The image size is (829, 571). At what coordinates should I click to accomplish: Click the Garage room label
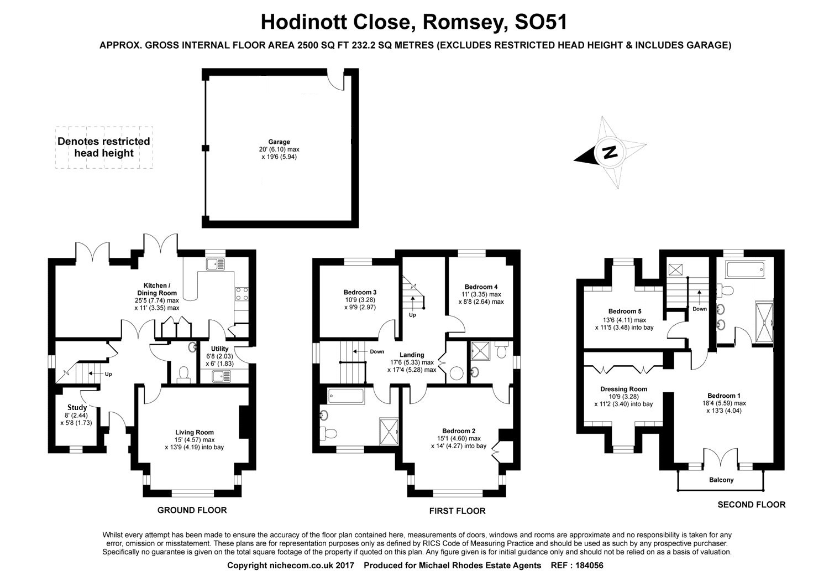click(279, 142)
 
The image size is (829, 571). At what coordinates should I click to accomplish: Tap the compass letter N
click(610, 152)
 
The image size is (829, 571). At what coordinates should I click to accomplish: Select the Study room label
click(77, 407)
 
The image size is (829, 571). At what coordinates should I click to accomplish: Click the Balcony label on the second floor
click(721, 480)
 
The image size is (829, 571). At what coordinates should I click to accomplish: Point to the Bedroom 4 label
click(481, 287)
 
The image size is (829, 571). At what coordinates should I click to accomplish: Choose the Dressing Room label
click(623, 389)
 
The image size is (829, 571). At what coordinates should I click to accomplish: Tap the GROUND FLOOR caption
click(192, 510)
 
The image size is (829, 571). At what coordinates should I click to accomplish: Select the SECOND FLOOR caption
click(751, 505)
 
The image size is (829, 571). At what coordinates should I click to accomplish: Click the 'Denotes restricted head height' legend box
click(104, 147)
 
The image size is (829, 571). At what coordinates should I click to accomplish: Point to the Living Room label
click(194, 432)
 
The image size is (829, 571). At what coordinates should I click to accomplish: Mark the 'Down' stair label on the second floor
click(700, 309)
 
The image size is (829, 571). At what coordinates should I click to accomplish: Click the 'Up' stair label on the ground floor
click(108, 374)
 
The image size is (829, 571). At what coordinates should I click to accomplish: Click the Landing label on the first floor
click(412, 355)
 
